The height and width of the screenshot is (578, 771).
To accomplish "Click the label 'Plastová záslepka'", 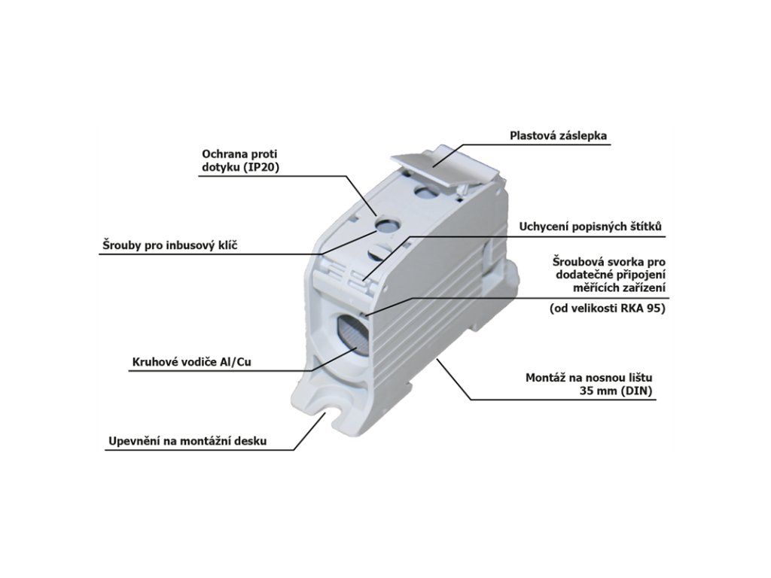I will click(558, 136).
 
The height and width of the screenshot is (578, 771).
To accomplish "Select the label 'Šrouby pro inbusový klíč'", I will click(169, 245).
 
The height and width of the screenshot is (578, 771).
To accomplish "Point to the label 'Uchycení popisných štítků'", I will click(591, 227).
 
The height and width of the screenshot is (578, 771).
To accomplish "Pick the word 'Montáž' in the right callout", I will click(545, 377).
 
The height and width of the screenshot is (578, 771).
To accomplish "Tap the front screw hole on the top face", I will click(389, 224).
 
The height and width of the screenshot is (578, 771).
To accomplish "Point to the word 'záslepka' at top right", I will click(584, 136).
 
